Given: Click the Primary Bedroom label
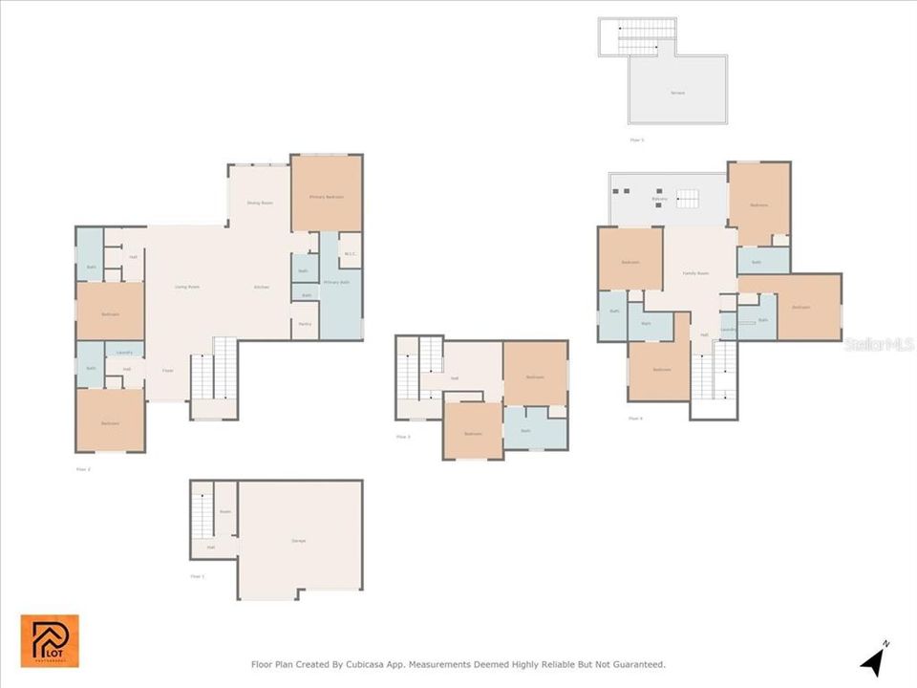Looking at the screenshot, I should [x=326, y=197].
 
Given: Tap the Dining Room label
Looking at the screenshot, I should [x=259, y=203].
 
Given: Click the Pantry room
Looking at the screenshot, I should [x=305, y=325].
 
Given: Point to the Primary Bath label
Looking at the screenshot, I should [x=335, y=283].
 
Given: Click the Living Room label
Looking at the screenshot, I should [x=186, y=287].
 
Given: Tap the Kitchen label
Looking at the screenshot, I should [x=261, y=287].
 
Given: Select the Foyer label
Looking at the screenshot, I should [x=167, y=370].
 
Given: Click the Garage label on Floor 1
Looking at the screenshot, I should [x=299, y=542].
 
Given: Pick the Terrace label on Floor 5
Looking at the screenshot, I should [x=677, y=93].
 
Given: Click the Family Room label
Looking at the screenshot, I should [x=695, y=273].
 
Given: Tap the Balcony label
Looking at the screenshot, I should [x=659, y=199].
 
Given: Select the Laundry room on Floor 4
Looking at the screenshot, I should [x=728, y=330].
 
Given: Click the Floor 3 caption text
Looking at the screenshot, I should [x=403, y=437].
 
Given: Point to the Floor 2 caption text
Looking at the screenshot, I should [x=82, y=469].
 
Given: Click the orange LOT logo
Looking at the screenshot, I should [x=50, y=641].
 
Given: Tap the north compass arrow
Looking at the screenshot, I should [x=874, y=660].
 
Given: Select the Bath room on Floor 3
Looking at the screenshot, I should [x=525, y=431].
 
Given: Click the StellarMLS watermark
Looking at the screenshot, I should [x=879, y=342].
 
